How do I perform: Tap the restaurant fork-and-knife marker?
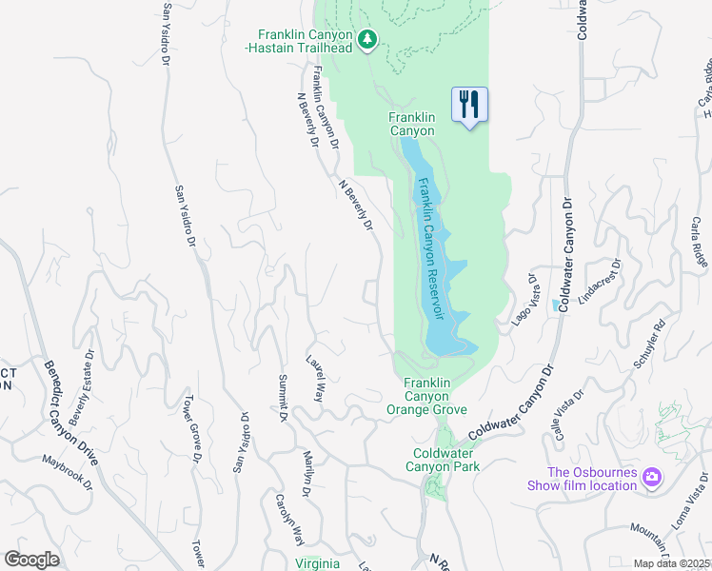pyautogui.click(x=468, y=104)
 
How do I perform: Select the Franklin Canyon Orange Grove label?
pyautogui.click(x=426, y=395)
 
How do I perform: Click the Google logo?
pyautogui.click(x=31, y=560)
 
